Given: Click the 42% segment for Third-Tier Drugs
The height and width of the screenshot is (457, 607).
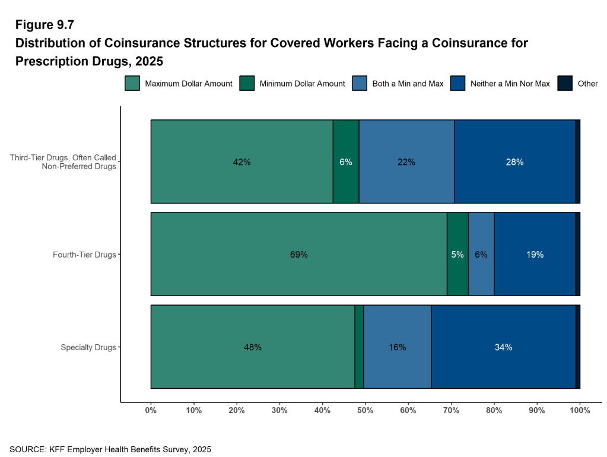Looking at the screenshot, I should (241, 162).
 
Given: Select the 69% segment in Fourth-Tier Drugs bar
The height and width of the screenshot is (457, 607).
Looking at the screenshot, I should (298, 255).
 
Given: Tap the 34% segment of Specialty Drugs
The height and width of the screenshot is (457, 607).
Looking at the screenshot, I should (503, 347).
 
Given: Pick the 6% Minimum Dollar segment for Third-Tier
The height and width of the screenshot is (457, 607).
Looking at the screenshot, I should (346, 162).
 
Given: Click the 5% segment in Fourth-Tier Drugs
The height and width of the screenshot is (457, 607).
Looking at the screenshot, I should (457, 255).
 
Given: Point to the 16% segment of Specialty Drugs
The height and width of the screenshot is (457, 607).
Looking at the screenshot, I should (397, 347).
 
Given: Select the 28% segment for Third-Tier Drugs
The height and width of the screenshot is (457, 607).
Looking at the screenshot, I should (514, 162).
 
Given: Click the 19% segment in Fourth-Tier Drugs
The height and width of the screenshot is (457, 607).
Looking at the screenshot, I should (535, 255).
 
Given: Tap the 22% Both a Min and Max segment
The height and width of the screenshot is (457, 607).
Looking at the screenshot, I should (406, 162).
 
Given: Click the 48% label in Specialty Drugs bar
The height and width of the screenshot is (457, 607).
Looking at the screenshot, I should (253, 347).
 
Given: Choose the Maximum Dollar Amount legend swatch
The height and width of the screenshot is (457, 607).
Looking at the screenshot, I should (132, 84).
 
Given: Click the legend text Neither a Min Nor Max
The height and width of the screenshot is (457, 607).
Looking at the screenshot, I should (510, 84).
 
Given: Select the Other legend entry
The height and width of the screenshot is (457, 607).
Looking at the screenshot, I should (587, 84).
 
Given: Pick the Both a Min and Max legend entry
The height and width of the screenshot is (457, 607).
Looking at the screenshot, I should (408, 84).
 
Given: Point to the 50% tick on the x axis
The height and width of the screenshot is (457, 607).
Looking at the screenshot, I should (366, 410).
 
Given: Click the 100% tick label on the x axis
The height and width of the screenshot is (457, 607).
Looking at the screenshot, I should (580, 410).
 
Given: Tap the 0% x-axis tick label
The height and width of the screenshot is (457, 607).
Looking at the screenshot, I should (151, 410).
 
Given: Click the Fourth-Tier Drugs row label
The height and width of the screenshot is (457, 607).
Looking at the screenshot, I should (84, 255).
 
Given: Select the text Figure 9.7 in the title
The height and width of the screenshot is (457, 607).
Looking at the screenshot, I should (45, 25).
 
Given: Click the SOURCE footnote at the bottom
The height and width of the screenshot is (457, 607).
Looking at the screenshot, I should (110, 449).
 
